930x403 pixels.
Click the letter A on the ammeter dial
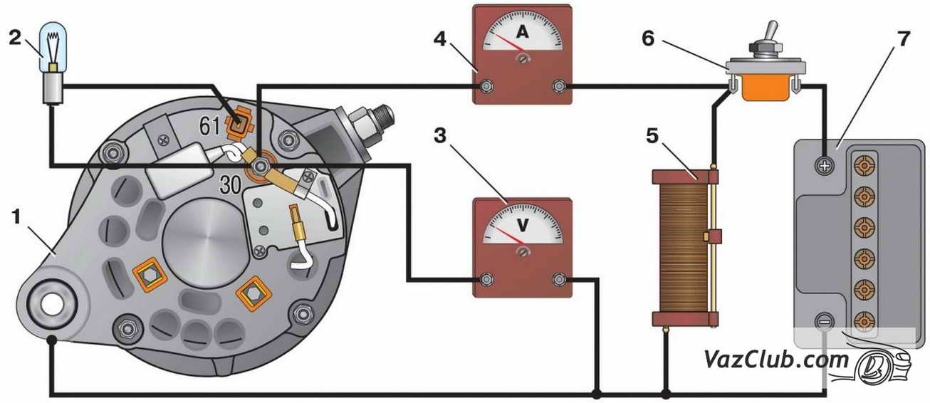tap(522, 32)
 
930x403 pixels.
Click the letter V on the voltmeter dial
tap(522, 225)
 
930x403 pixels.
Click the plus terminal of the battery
tap(825, 166)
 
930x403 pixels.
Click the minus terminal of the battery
tap(825, 321)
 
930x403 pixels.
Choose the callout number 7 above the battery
tap(904, 39)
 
